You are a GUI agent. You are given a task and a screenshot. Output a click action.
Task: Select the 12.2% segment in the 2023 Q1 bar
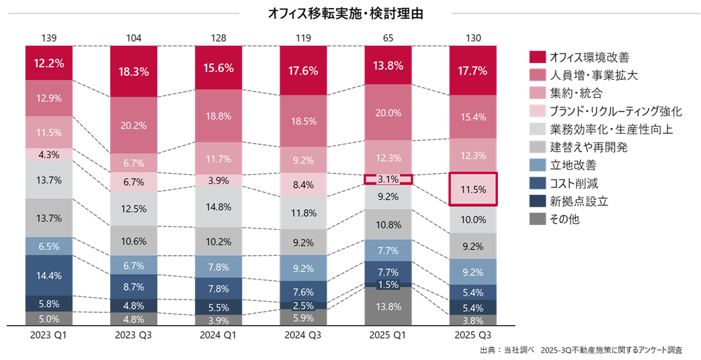pyautogui.click(x=48, y=63)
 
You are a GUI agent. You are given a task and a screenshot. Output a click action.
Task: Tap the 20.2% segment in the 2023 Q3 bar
pyautogui.click(x=133, y=125)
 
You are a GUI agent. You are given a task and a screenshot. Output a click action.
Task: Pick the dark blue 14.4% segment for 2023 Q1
pyautogui.click(x=48, y=275)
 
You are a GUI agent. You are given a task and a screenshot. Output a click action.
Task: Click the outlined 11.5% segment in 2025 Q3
pyautogui.click(x=473, y=189)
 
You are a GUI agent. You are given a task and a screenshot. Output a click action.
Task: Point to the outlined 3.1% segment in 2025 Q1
pyautogui.click(x=388, y=179)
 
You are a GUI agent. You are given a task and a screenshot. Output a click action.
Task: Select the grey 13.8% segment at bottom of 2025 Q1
pyautogui.click(x=388, y=306)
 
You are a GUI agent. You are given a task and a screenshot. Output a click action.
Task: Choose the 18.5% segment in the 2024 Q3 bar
pyautogui.click(x=303, y=121)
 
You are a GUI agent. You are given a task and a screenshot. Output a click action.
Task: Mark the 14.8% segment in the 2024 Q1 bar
pyautogui.click(x=218, y=207)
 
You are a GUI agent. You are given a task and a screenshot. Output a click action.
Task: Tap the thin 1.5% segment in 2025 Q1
pyautogui.click(x=388, y=284)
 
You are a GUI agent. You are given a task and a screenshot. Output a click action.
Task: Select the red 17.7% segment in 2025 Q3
pyautogui.click(x=473, y=70)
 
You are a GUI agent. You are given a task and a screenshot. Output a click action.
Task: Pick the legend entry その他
pyautogui.click(x=563, y=219)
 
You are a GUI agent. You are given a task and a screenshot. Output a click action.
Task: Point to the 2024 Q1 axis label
pyautogui.click(x=218, y=334)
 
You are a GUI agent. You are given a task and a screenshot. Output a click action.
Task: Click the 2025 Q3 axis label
pyautogui.click(x=473, y=334)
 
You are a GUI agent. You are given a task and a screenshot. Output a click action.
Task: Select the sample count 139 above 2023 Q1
pyautogui.click(x=48, y=36)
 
